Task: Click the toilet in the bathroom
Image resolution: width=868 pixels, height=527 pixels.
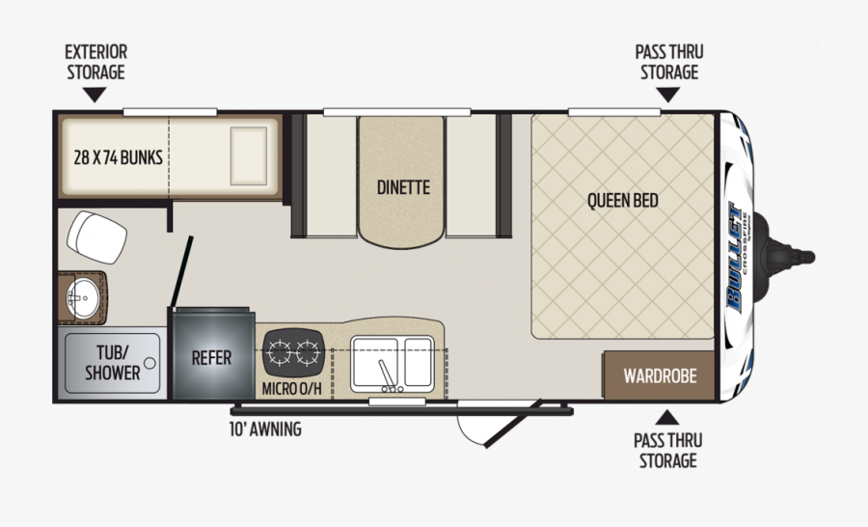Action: pyautogui.click(x=96, y=237)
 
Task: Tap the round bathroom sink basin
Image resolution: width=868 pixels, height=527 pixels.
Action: pyautogui.click(x=83, y=298)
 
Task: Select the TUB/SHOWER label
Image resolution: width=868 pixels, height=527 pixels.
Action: pyautogui.click(x=113, y=362)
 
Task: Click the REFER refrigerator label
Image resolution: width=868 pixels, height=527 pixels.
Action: pyautogui.click(x=211, y=358)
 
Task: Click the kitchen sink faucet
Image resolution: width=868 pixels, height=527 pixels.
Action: pyautogui.click(x=389, y=376)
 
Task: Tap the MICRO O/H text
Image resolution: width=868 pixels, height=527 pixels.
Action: pyautogui.click(x=291, y=389)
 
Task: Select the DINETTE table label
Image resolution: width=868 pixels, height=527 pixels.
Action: pyautogui.click(x=403, y=187)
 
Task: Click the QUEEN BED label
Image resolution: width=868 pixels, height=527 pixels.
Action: pyautogui.click(x=623, y=200)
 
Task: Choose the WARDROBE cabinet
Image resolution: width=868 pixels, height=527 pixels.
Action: pyautogui.click(x=659, y=375)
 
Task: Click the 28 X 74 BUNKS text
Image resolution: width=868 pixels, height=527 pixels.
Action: pyautogui.click(x=119, y=157)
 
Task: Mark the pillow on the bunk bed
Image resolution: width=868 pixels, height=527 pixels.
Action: pyautogui.click(x=249, y=155)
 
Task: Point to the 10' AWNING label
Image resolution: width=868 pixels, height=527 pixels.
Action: pyautogui.click(x=266, y=429)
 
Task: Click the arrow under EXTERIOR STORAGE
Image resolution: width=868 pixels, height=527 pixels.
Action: pyautogui.click(x=95, y=95)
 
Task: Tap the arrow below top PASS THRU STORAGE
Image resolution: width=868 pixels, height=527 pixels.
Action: pyautogui.click(x=667, y=95)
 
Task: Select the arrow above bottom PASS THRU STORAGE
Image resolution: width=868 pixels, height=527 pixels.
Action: pyautogui.click(x=667, y=417)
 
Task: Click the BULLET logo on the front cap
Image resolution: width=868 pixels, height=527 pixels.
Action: pyautogui.click(x=735, y=258)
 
